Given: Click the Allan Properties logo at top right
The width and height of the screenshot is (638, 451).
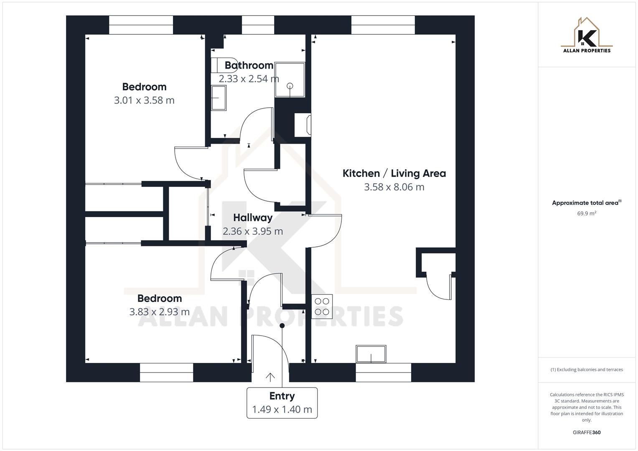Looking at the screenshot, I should [x=587, y=35].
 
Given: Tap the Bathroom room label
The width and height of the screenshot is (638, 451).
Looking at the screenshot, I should [x=249, y=65].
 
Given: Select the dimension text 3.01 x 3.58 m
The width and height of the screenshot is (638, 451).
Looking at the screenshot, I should [x=144, y=100].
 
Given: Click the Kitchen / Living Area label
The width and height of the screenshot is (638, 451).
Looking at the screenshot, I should [x=394, y=173].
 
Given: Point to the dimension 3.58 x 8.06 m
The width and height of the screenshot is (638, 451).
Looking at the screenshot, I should [x=394, y=187].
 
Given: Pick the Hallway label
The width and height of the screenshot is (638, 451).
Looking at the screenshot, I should [x=253, y=218].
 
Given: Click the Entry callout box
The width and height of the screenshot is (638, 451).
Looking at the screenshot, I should [x=282, y=403].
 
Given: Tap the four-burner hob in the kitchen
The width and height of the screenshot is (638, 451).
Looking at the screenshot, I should [x=322, y=307].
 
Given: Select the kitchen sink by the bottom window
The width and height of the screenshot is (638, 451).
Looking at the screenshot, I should [x=371, y=354].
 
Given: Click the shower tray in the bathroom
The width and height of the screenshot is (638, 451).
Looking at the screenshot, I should [x=290, y=80].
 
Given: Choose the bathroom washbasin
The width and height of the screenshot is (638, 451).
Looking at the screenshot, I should [x=219, y=98].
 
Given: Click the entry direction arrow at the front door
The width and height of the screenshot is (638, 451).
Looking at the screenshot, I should [x=270, y=377].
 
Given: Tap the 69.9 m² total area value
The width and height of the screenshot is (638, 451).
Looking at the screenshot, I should [x=587, y=213].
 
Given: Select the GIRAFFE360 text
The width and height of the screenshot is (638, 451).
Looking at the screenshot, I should [x=587, y=433].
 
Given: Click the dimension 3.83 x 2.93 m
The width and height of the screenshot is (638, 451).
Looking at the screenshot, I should [x=160, y=312].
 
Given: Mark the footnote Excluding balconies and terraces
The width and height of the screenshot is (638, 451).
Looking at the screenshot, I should [x=587, y=370].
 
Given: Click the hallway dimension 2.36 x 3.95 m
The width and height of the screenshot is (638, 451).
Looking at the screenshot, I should [x=253, y=231].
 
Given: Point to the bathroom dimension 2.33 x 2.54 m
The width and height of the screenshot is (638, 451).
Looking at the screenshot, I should [x=249, y=79].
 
